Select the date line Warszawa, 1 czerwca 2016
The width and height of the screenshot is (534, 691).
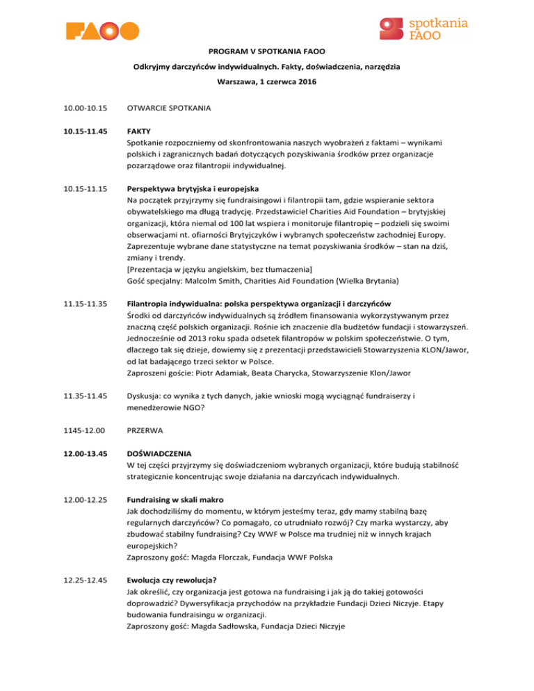267,82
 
